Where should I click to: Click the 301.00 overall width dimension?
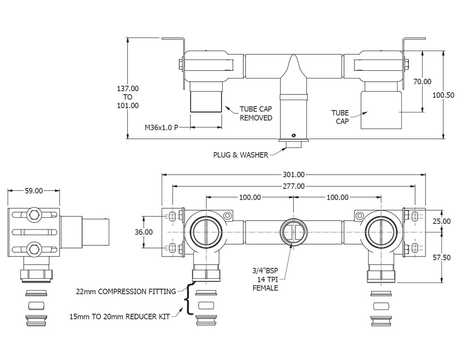[x=294, y=174]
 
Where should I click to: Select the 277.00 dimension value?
[x=294, y=186]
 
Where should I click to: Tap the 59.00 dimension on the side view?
[x=34, y=191]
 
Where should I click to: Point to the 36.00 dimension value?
[x=144, y=232]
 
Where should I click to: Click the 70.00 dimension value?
[x=422, y=81]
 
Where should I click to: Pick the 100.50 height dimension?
[x=443, y=95]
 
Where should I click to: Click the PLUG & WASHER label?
[x=240, y=155]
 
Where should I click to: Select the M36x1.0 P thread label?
[x=161, y=127]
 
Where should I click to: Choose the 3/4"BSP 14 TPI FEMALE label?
[x=265, y=279]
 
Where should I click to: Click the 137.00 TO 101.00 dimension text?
[x=128, y=97]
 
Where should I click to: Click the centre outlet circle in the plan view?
[x=293, y=232]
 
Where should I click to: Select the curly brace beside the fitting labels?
[x=190, y=299]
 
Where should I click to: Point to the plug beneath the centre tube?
[x=294, y=142]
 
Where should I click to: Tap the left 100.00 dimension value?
[x=249, y=197]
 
